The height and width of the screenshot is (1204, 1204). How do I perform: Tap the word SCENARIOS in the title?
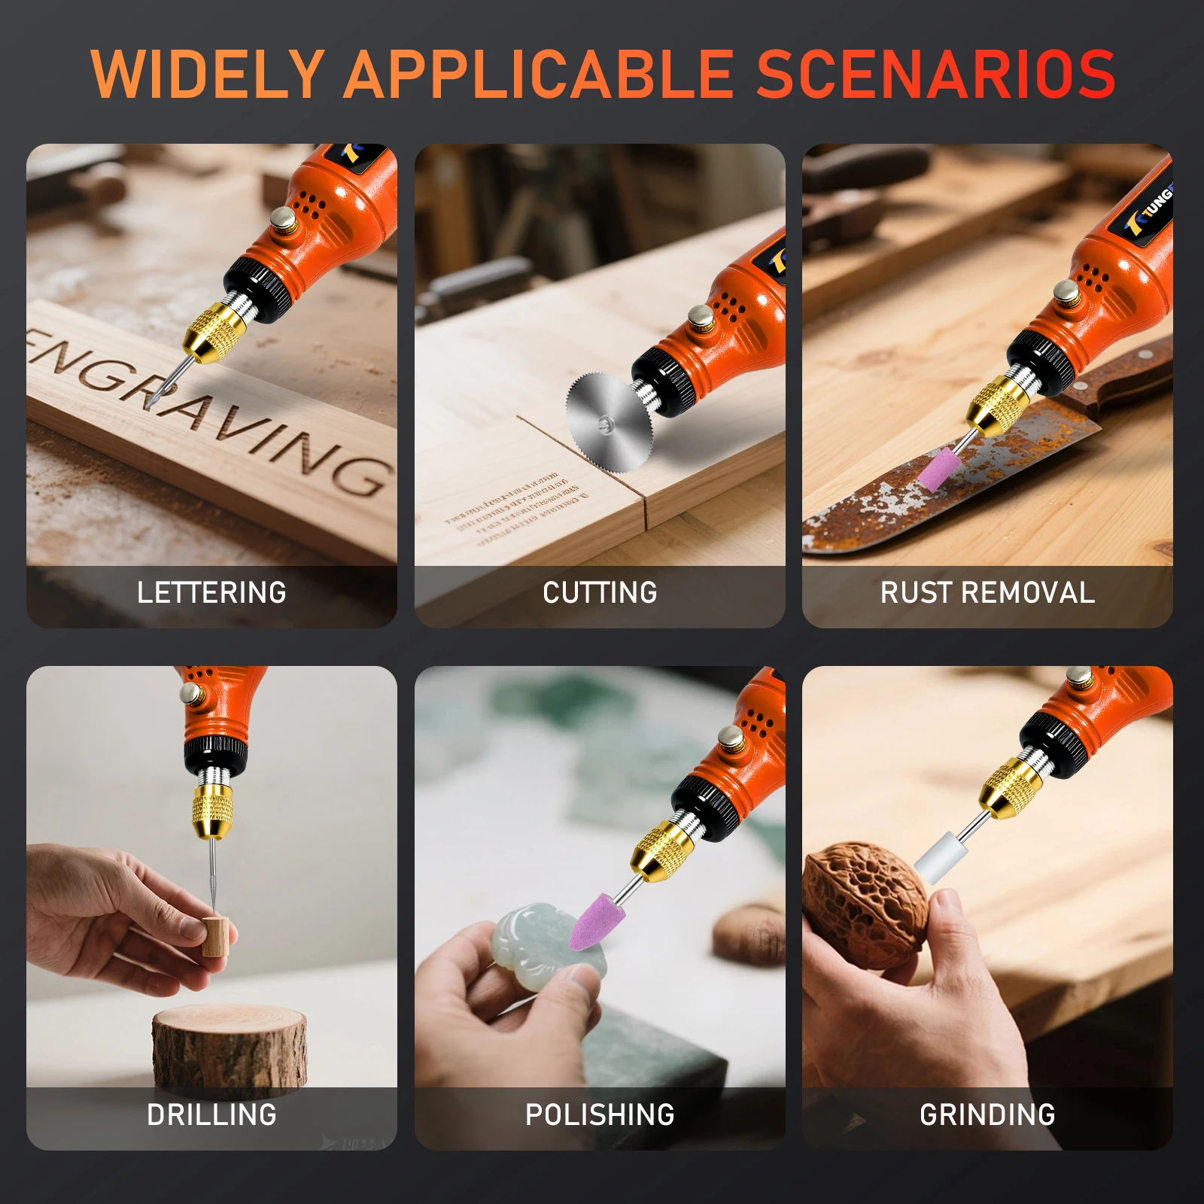(x=935, y=74)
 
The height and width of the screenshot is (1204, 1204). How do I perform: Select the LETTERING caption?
(x=211, y=593)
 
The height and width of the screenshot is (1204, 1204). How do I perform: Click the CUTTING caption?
(x=600, y=593)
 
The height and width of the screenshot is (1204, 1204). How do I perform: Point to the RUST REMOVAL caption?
(x=987, y=593)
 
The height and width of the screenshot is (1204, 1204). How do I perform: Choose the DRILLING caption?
(x=211, y=1115)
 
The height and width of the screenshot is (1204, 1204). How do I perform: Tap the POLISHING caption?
(x=600, y=1115)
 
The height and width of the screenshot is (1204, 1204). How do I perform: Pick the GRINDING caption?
(x=987, y=1115)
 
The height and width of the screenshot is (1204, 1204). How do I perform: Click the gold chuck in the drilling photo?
(x=211, y=810)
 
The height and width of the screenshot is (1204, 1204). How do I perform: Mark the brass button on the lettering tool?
(x=284, y=220)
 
